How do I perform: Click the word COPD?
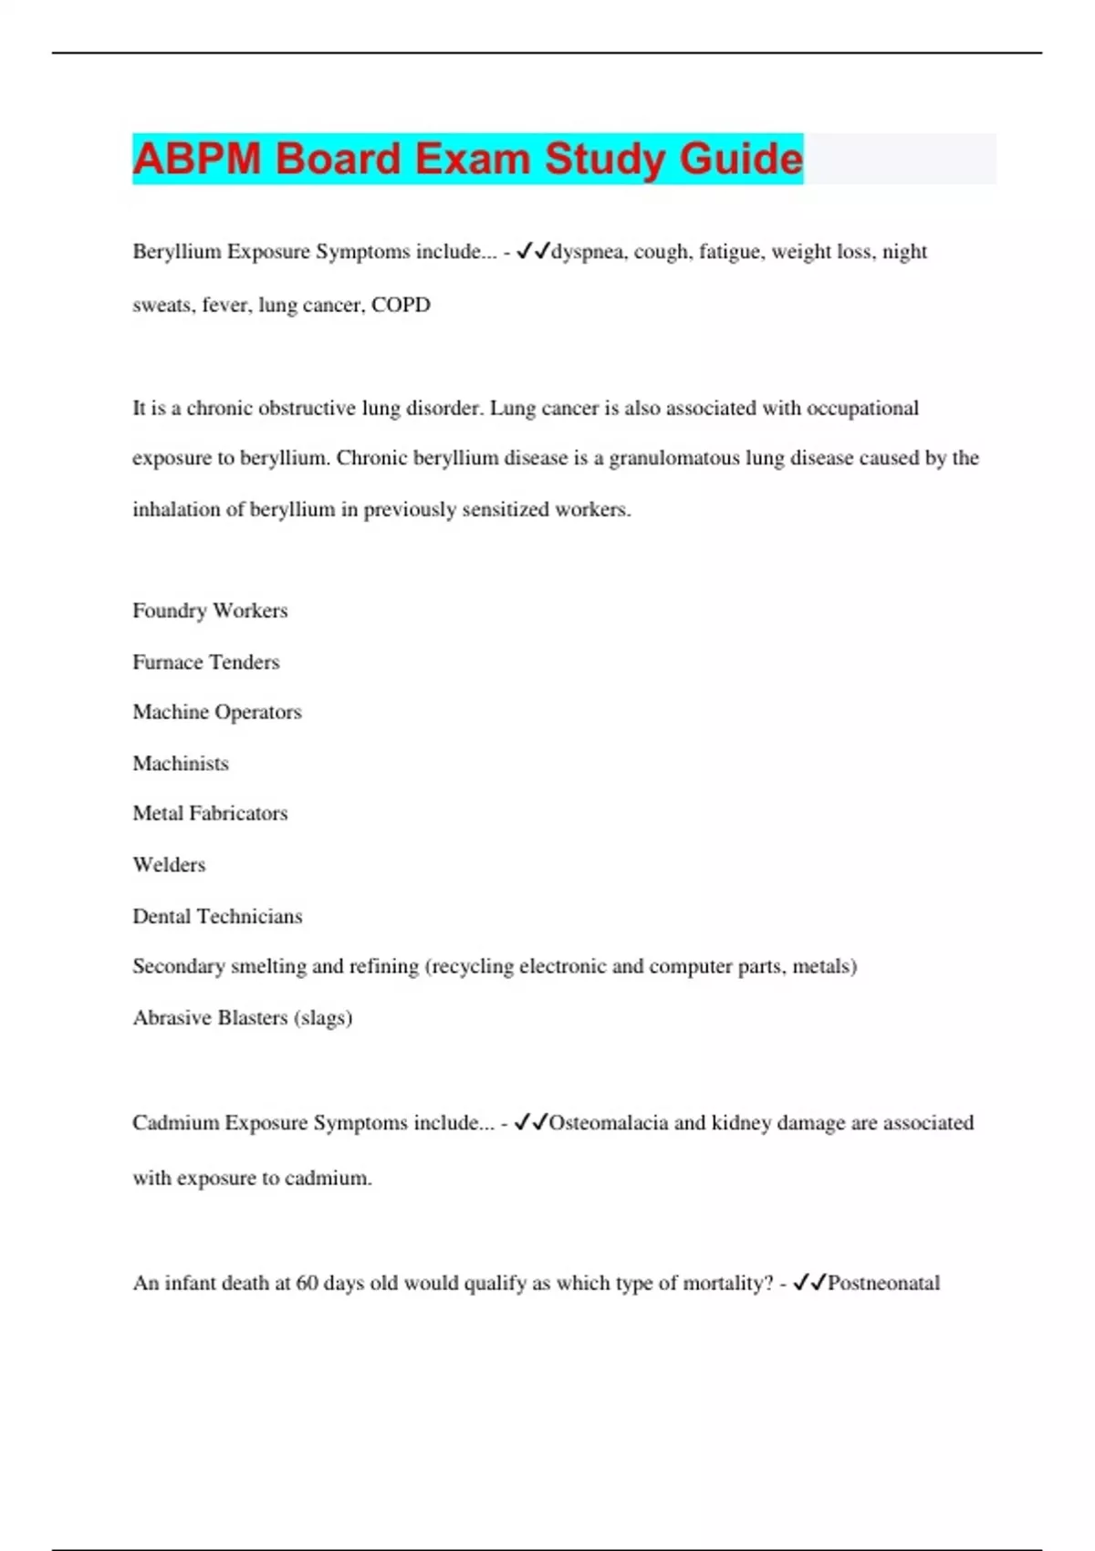pyautogui.click(x=401, y=305)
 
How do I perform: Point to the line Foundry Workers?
pyautogui.click(x=210, y=610)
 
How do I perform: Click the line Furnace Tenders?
pyautogui.click(x=206, y=662)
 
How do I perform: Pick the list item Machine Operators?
pyautogui.click(x=217, y=712)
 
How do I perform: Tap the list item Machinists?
pyautogui.click(x=181, y=764)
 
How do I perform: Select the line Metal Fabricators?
pyautogui.click(x=210, y=813)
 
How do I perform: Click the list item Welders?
pyautogui.click(x=169, y=865)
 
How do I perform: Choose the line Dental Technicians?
pyautogui.click(x=217, y=916)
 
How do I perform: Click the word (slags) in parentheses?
pyautogui.click(x=323, y=1018)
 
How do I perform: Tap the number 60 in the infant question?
pyautogui.click(x=308, y=1284)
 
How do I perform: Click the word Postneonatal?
pyautogui.click(x=883, y=1284)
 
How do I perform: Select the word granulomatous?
pyautogui.click(x=674, y=458)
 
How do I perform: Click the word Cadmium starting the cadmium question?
pyautogui.click(x=176, y=1123)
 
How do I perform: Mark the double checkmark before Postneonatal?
pyautogui.click(x=809, y=1283)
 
